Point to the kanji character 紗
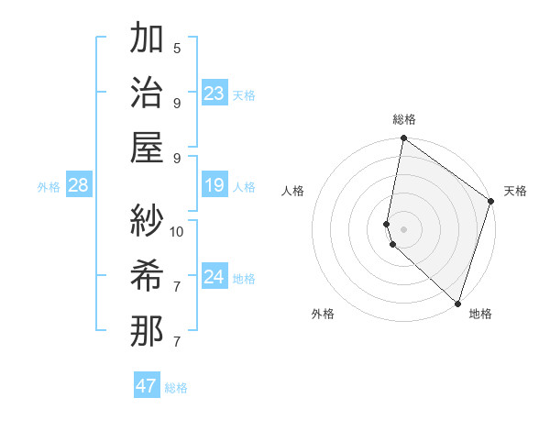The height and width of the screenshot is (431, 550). point(147,219)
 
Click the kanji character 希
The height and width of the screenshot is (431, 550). point(147,274)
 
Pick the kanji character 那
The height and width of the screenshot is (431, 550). point(147,329)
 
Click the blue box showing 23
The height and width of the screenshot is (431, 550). point(214,94)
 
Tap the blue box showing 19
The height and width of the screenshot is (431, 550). point(214,186)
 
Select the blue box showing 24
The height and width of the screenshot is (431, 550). point(214,277)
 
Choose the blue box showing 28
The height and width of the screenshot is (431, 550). point(79,186)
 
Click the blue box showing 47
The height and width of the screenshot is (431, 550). point(147,386)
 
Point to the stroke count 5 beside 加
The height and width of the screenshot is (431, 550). point(177,48)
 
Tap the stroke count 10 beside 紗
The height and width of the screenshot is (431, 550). point(177,231)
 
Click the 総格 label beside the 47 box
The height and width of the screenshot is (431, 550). point(176,388)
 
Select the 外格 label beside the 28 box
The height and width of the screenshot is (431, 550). point(49,187)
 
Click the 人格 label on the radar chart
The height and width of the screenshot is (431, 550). point(292,191)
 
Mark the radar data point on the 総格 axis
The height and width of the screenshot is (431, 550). point(403,139)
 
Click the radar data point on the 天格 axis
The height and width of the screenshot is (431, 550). point(491,202)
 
